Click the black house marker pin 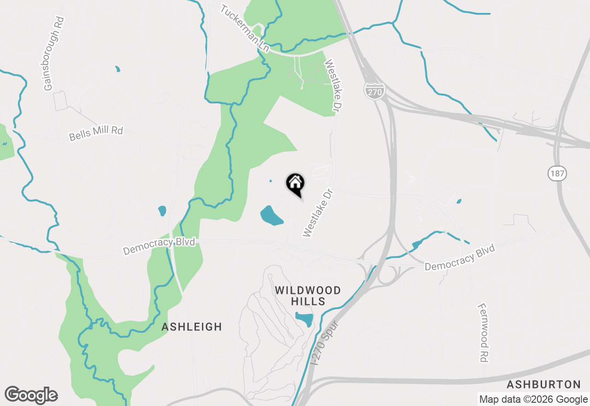[295, 184]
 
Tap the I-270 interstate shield [374, 91]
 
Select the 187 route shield [557, 174]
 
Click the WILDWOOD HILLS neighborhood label [308, 296]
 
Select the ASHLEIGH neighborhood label [192, 327]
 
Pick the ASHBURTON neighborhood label [543, 384]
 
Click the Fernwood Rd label [483, 332]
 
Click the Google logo [31, 395]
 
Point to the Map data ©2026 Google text [533, 400]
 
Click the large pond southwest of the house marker [271, 215]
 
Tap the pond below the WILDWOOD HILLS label [304, 318]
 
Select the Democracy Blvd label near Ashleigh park [159, 246]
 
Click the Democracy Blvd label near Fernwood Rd [460, 257]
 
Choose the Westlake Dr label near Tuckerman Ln [335, 85]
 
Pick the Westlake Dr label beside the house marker [317, 213]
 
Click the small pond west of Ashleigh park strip [162, 211]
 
